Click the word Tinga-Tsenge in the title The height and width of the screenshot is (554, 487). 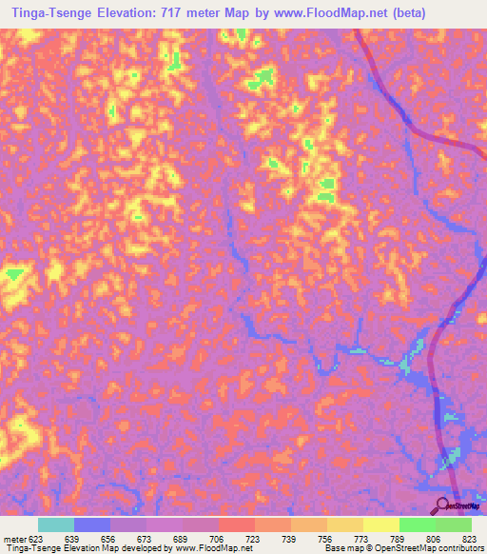coord(45,12)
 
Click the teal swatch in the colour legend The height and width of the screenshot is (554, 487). coord(56,524)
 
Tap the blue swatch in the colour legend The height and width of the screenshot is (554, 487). coord(92,524)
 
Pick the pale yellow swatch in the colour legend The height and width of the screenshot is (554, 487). coord(380,524)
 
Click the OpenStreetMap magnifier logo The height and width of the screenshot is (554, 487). coord(443,505)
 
